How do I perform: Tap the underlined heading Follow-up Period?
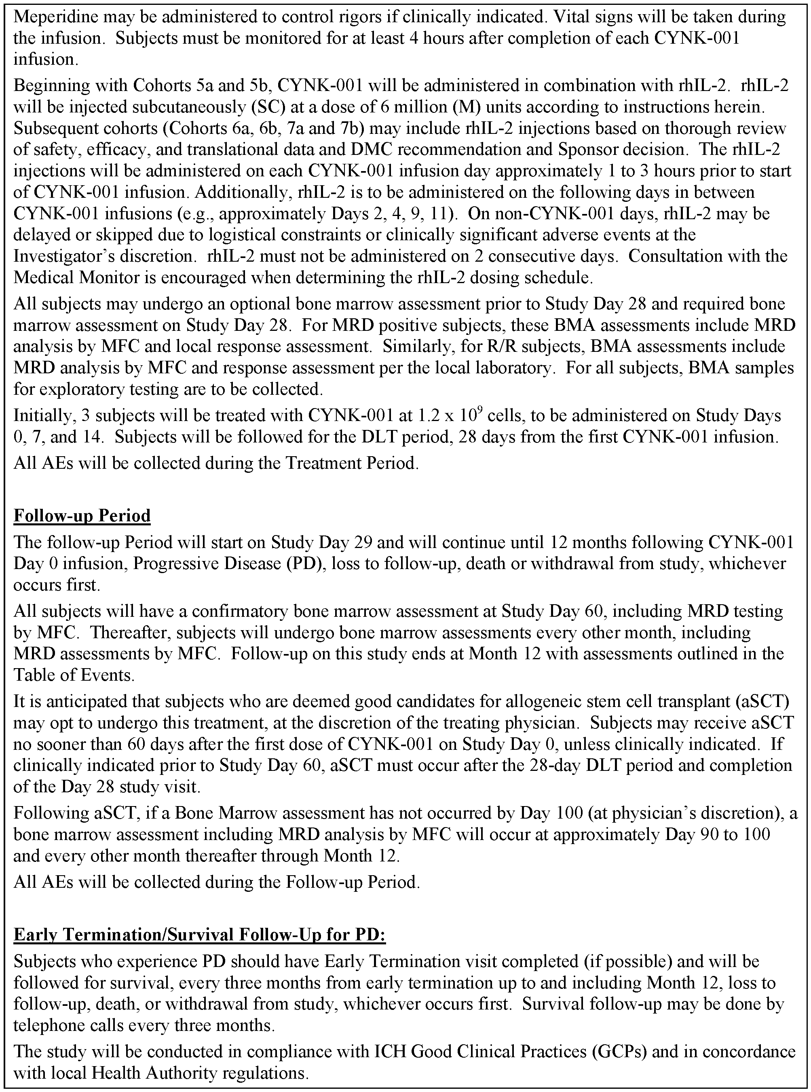coord(82,516)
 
